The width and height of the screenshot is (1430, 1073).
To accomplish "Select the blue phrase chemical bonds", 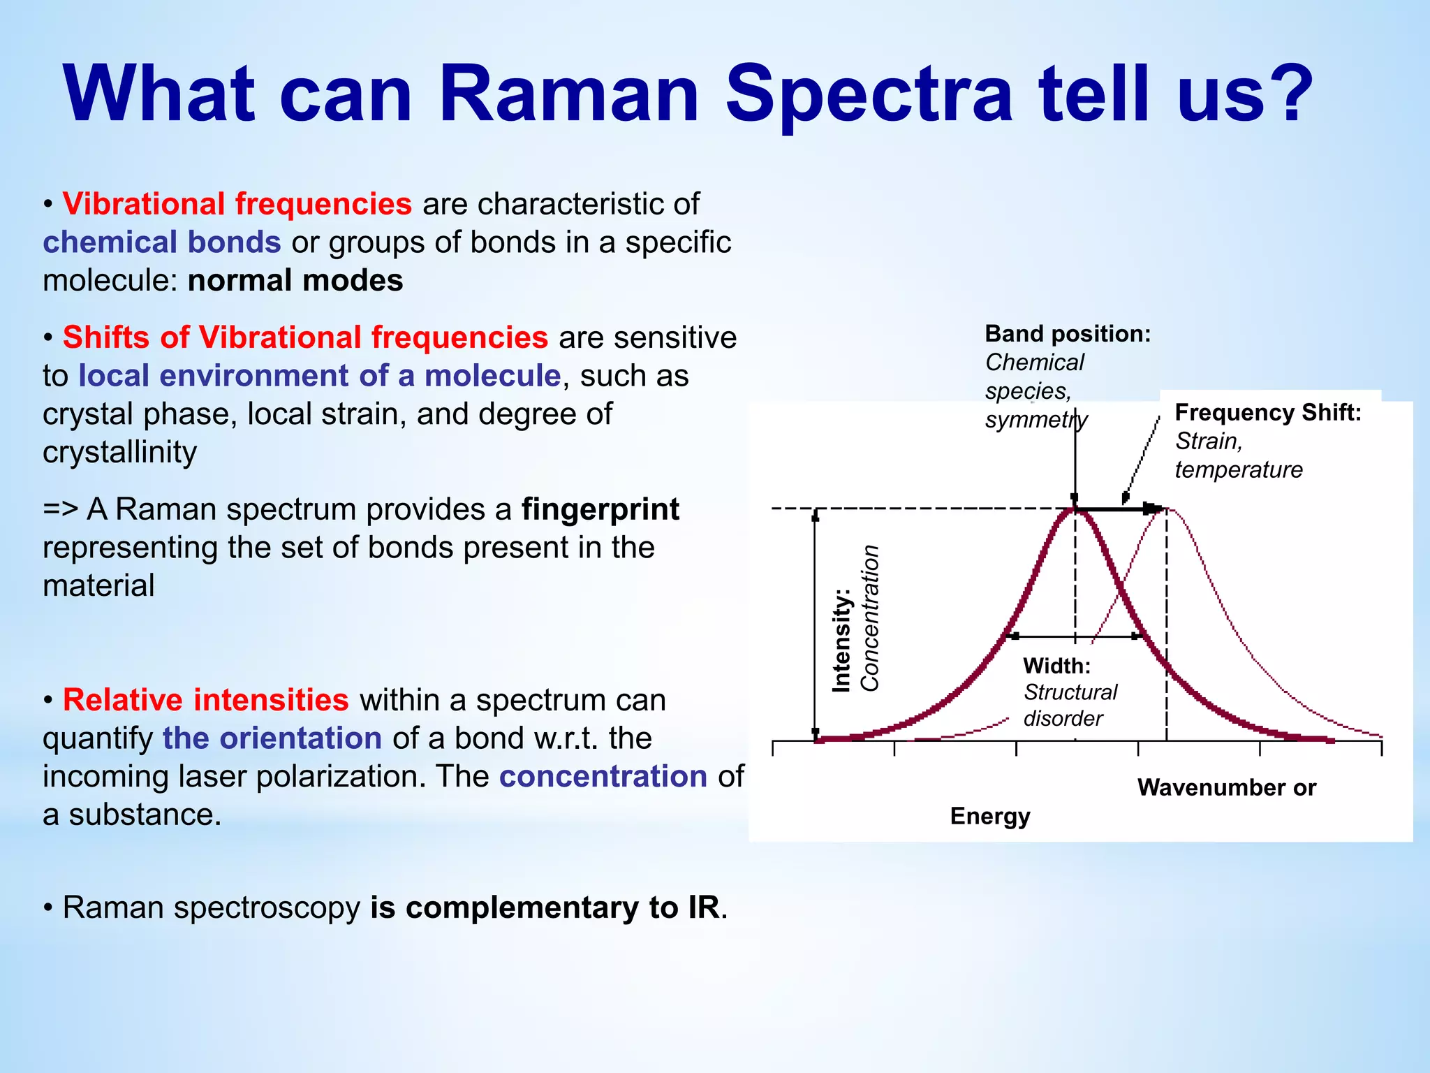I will pos(161,242).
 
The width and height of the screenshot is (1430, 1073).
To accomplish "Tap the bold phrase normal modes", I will pos(295,281).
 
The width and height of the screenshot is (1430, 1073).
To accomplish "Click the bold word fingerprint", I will pos(600,509).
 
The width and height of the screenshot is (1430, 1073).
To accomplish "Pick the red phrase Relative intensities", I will pos(205,700).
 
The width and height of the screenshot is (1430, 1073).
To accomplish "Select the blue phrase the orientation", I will pos(272,738).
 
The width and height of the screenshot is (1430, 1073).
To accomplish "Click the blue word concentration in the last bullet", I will pos(603,777).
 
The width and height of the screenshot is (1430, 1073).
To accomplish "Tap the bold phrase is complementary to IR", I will pos(545,907).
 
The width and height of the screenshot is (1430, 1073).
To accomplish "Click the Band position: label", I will pos(1067,334).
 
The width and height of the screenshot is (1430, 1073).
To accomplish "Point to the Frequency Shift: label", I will pos(1267,412).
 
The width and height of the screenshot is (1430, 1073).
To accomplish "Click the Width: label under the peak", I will pos(1056,666).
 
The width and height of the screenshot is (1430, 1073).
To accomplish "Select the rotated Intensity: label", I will pos(841,641).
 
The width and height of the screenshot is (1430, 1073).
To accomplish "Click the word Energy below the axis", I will pos(989,816).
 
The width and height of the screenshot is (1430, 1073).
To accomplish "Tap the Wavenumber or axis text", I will pos(1226,787).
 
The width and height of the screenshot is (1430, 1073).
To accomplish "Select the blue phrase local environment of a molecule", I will pos(319,376).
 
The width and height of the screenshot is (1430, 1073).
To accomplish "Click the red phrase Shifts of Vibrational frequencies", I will pos(305,337).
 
